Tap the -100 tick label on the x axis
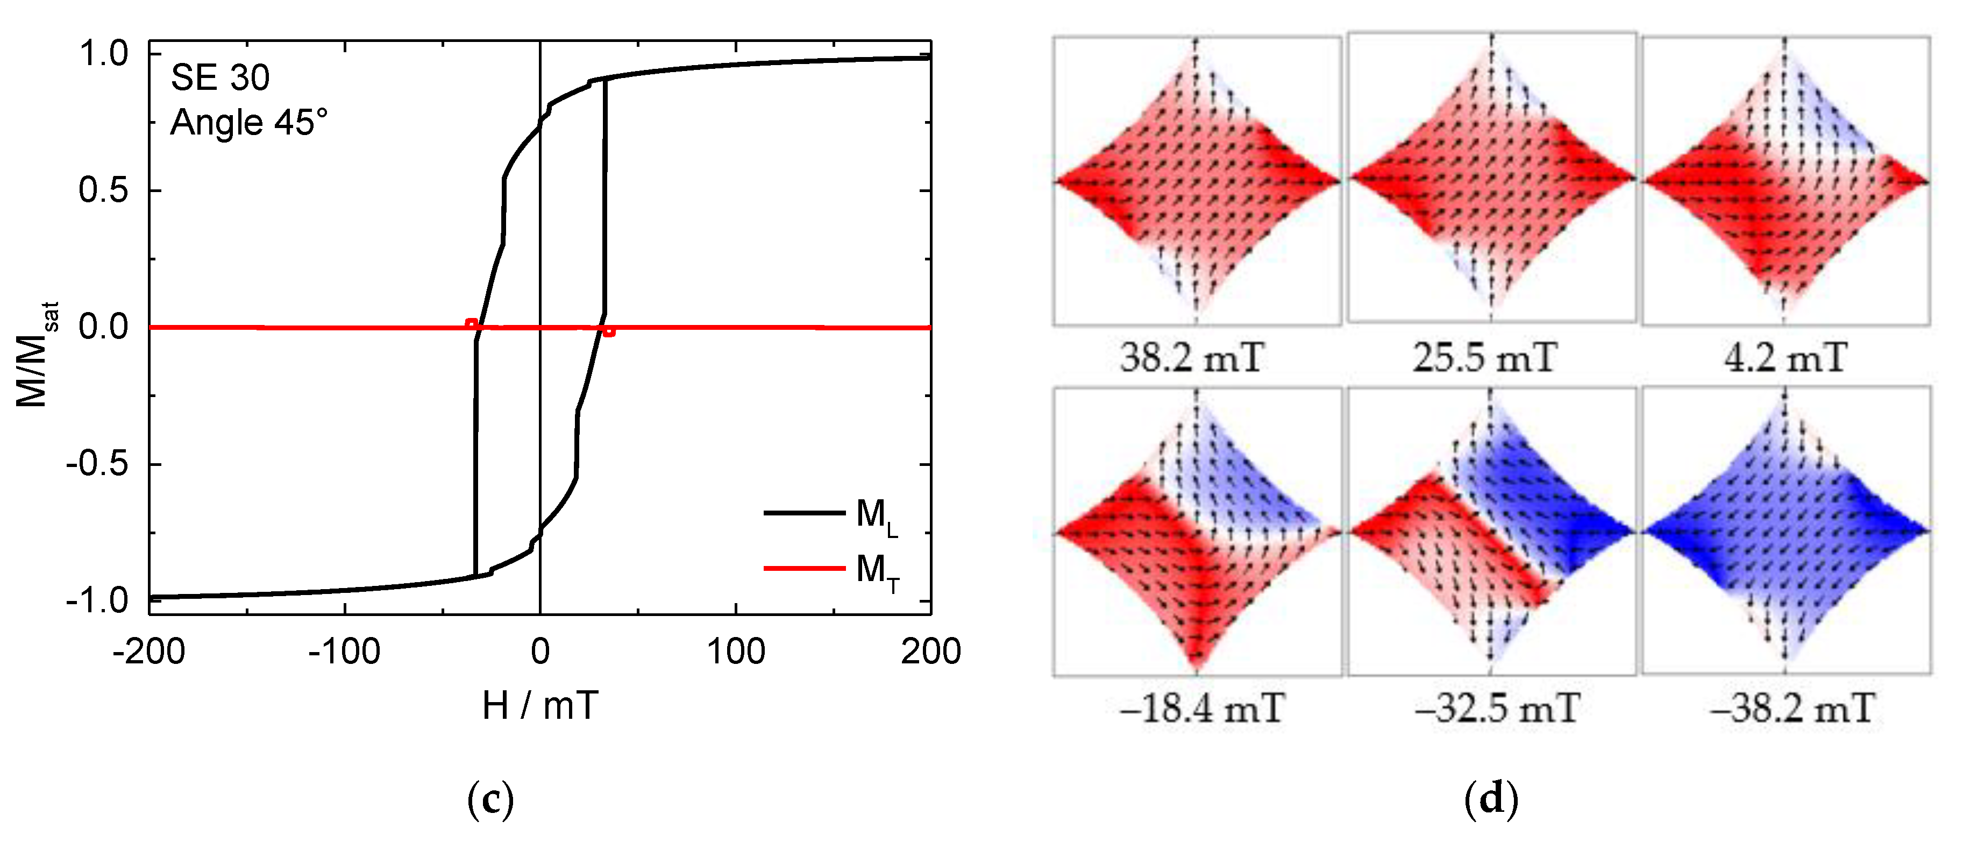coord(344,652)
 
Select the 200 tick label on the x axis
coord(930,652)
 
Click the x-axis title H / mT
coord(540,705)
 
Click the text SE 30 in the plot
coord(220,77)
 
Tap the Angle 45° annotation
coord(248,123)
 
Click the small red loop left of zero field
coord(472,324)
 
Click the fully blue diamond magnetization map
coord(1786,530)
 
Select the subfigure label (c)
coord(490,799)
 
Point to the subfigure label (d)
coord(1491,799)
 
